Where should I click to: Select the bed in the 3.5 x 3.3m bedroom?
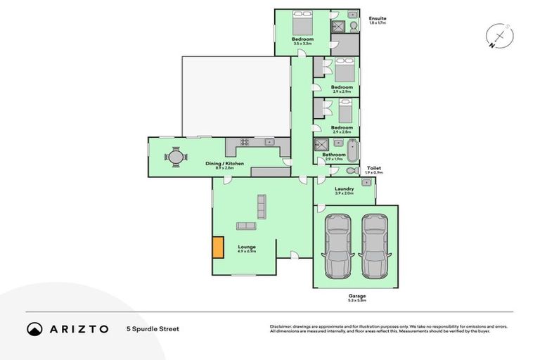[x=304, y=25]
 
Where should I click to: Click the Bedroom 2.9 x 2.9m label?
[x=342, y=89]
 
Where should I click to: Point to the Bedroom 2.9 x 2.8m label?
[x=342, y=129]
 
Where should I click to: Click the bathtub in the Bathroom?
[x=351, y=150]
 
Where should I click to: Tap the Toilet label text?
[x=374, y=169]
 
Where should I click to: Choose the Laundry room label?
[x=344, y=190]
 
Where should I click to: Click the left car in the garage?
[x=337, y=246]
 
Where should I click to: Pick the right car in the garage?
[x=373, y=246]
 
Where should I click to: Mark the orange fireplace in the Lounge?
[x=218, y=247]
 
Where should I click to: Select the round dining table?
[x=176, y=157]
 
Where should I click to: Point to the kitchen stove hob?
[x=245, y=142]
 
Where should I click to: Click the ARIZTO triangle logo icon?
[x=34, y=328]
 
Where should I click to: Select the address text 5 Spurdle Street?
[x=153, y=328]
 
